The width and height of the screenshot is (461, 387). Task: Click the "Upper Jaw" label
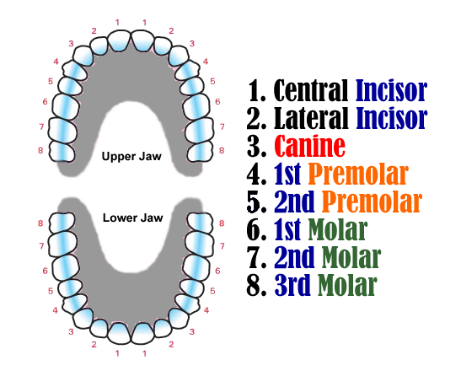tap(131, 157)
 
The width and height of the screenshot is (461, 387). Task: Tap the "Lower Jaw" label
tap(132, 218)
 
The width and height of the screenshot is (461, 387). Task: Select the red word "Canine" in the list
tap(309, 146)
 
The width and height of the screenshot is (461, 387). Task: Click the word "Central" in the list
tap(311, 90)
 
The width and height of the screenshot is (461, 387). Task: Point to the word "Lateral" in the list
tap(311, 118)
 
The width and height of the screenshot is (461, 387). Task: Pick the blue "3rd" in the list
tap(292, 285)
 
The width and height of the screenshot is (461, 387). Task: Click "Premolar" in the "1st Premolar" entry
tap(358, 174)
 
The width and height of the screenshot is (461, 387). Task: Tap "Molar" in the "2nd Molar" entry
tap(351, 258)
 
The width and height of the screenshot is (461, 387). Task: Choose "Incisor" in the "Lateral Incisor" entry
tap(391, 118)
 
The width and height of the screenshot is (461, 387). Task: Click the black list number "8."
tap(256, 285)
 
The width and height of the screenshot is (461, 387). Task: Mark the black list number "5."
tap(256, 202)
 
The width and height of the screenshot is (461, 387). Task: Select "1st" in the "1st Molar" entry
tap(287, 229)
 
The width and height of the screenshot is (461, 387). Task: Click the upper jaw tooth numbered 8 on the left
tap(62, 152)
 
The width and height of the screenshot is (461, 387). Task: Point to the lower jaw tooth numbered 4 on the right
tap(188, 304)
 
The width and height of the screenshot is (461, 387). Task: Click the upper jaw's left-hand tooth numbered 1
tap(119, 41)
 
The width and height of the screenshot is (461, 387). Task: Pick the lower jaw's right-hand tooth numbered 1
tap(143, 333)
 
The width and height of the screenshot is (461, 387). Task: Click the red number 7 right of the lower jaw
tap(222, 246)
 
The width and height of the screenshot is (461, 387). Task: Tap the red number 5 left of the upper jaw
tap(51, 81)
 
